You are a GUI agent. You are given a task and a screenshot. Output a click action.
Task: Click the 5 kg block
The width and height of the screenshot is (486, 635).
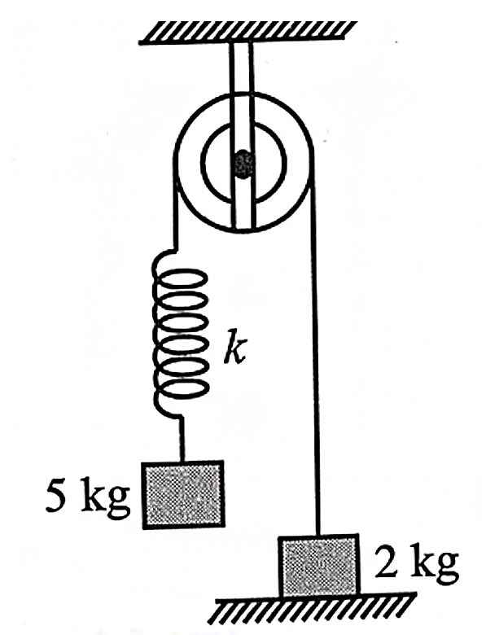tap(182, 494)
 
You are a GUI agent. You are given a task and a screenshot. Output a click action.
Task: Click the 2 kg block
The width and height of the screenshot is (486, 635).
tap(319, 565)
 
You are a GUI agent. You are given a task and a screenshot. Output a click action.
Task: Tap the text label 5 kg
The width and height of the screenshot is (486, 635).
tap(88, 497)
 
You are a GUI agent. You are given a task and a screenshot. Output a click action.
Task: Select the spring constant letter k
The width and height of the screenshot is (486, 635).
tap(235, 347)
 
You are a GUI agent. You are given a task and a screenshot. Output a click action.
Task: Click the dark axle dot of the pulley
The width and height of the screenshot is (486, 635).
tap(243, 164)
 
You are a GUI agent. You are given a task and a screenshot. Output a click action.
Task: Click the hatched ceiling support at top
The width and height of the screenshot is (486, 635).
tap(247, 31)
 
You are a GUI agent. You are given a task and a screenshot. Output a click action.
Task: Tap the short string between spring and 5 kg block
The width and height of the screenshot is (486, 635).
tap(182, 440)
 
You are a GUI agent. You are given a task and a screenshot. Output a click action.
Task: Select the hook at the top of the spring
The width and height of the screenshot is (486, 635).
tap(166, 259)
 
